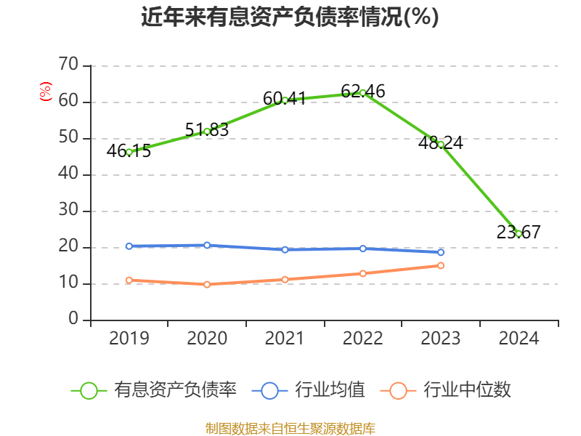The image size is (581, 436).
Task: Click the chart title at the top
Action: click(x=290, y=17)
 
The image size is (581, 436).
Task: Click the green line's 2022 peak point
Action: click(x=362, y=92)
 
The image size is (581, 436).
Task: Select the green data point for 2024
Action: click(x=519, y=233)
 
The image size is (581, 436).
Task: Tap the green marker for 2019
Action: click(x=129, y=152)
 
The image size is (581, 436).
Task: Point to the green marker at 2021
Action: click(x=285, y=100)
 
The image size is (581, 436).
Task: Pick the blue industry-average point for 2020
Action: click(x=207, y=245)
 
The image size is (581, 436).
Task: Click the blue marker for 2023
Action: click(x=441, y=252)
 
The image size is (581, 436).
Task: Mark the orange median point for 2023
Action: click(x=441, y=265)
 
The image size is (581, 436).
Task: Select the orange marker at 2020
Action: click(x=207, y=284)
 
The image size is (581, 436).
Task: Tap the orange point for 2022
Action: click(x=362, y=273)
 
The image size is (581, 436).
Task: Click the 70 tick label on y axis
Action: click(x=69, y=65)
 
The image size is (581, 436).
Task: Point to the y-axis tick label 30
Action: click(x=69, y=211)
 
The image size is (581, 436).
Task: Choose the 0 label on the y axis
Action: click(x=73, y=320)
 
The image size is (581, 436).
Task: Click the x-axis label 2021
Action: click(x=285, y=339)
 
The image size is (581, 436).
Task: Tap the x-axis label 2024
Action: click(x=519, y=339)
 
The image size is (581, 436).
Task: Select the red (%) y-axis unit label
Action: click(x=46, y=92)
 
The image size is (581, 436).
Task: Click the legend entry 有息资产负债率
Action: click(x=174, y=390)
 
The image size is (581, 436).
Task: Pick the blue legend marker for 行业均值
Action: click(x=269, y=390)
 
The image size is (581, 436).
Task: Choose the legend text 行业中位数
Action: click(x=467, y=390)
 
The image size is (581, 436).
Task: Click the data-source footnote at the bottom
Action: click(x=290, y=428)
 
